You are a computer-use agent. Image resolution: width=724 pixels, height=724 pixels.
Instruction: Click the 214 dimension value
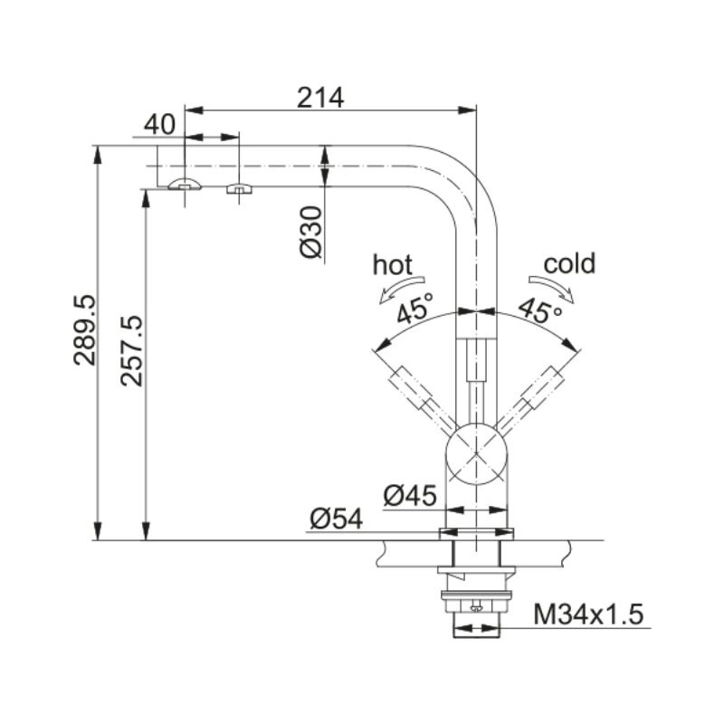[x=320, y=98]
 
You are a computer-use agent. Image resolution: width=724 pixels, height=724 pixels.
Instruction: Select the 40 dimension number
[x=160, y=125]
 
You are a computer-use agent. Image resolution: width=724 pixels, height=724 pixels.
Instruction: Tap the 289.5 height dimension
[x=84, y=330]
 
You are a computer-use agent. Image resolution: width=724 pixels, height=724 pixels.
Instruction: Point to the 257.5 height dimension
[x=131, y=351]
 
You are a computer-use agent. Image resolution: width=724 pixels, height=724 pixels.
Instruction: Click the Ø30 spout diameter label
[x=310, y=233]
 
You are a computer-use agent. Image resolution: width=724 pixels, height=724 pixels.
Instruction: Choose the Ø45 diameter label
[x=410, y=495]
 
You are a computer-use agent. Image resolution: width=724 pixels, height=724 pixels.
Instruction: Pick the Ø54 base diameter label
[x=336, y=519]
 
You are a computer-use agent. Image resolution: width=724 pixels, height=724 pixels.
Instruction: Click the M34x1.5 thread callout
[x=588, y=614]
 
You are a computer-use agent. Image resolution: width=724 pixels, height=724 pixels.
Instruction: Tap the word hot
[x=393, y=265]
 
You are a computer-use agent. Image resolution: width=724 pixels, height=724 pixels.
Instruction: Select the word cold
[x=569, y=263]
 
